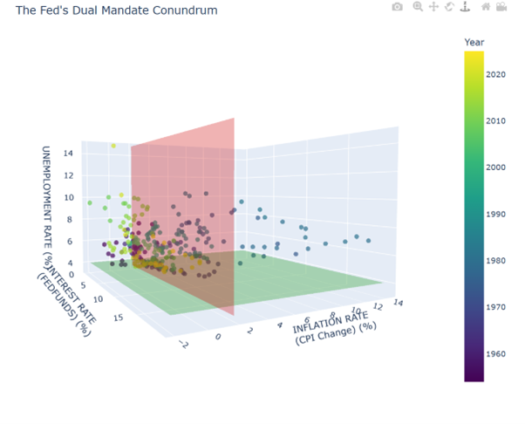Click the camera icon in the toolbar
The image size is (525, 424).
tap(398, 7)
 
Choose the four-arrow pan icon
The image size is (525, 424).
tap(433, 7)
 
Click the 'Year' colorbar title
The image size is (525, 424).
tap(474, 42)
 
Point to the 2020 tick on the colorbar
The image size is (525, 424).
tap(498, 74)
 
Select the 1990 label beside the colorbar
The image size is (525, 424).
tap(498, 213)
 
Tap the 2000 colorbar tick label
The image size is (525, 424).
tap(498, 167)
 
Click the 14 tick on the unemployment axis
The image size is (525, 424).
tap(67, 154)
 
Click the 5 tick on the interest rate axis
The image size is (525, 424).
tap(83, 284)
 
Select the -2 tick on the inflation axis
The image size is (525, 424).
tap(182, 345)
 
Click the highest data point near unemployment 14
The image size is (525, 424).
tap(112, 146)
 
